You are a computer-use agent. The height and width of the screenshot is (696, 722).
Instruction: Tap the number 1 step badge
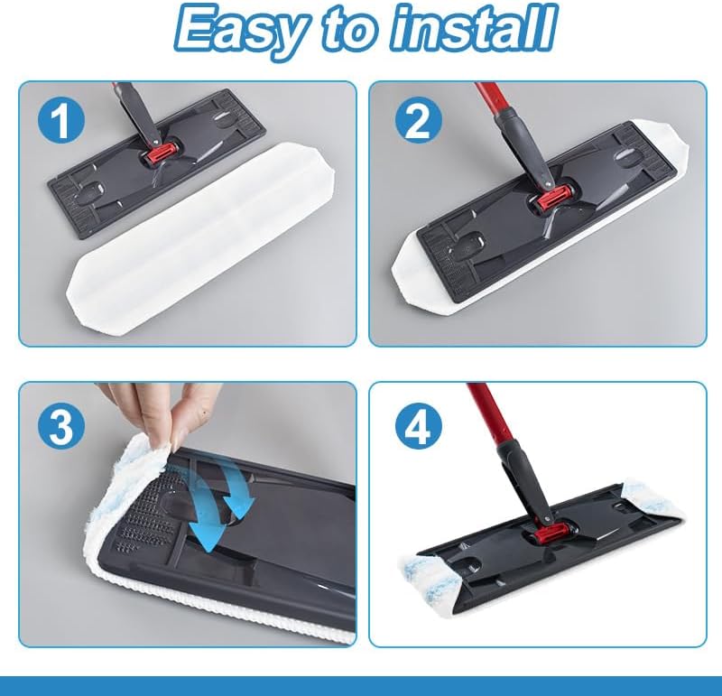60,122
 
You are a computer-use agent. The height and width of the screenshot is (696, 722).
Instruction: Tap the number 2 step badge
419,121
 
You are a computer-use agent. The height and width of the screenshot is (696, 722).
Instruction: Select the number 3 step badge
60,426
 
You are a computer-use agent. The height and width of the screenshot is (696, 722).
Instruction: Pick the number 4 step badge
419,424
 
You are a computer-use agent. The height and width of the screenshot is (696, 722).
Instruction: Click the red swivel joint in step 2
551,197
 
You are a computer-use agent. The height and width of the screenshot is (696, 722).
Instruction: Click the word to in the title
347,29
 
